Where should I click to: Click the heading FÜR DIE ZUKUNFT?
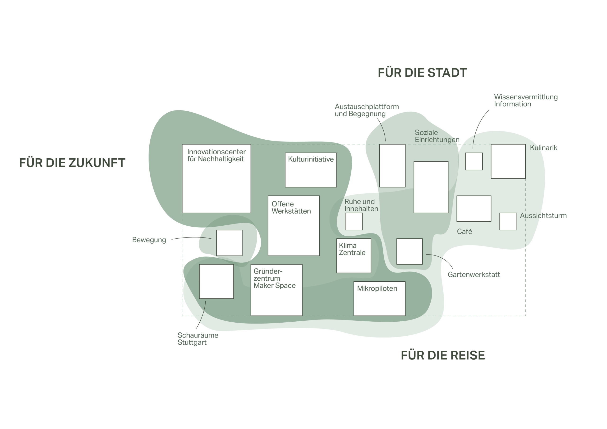click(72, 163)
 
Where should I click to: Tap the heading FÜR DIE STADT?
click(422, 73)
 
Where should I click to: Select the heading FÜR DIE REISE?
click(443, 355)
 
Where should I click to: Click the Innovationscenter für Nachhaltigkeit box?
click(216, 178)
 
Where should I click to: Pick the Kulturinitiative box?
click(311, 170)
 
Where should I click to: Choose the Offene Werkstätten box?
click(294, 226)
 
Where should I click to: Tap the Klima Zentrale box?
click(354, 256)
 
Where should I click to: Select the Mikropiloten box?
click(379, 298)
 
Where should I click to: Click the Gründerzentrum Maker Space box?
click(276, 290)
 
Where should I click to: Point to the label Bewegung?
click(149, 240)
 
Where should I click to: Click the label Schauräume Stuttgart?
click(198, 339)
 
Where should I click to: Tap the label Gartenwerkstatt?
click(474, 275)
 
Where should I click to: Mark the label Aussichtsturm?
click(543, 216)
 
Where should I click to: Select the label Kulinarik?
click(543, 148)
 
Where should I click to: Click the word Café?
click(464, 232)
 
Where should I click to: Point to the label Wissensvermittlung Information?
click(526, 100)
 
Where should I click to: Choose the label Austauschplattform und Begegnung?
click(367, 110)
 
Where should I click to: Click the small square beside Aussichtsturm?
click(508, 222)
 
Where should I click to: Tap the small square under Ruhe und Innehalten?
click(354, 222)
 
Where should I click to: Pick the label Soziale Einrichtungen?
click(437, 136)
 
